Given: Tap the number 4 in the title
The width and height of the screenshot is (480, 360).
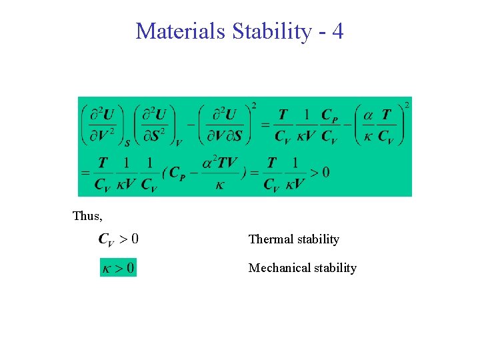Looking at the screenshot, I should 337,31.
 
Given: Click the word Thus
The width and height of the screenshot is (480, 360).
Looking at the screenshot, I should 87,216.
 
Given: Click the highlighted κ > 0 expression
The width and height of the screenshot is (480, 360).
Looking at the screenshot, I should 118,268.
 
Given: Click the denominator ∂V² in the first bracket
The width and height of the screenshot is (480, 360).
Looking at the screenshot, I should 102,135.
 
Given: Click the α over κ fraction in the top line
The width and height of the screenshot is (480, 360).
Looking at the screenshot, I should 368,125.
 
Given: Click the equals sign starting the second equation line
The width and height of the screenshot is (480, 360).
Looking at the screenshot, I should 85,173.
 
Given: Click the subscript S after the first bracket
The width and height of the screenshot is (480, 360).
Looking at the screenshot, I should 127,142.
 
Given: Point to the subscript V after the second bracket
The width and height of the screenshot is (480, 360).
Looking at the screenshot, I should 179,142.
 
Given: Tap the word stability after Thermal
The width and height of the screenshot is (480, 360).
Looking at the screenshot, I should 317,239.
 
